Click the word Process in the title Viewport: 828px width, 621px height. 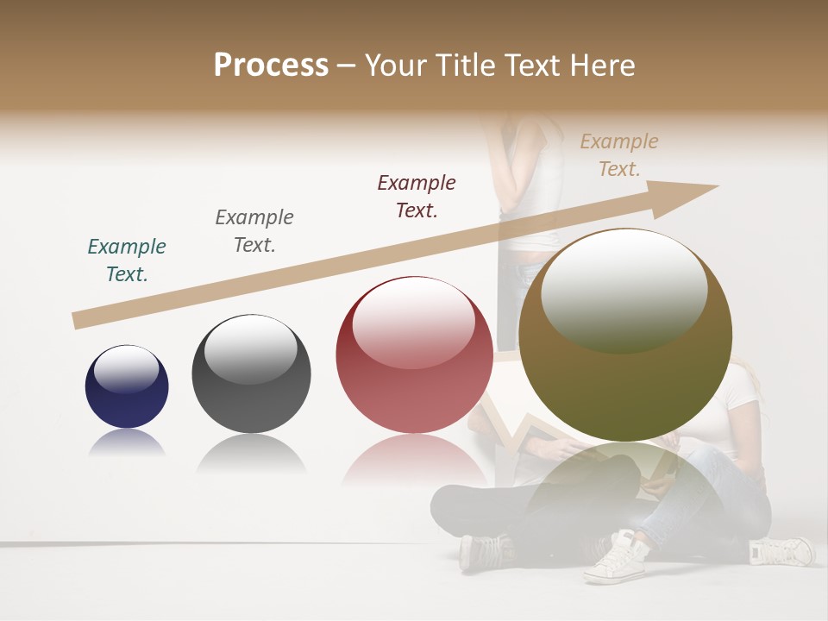[271, 65]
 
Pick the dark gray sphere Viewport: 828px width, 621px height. [251, 374]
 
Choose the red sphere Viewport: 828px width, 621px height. [414, 354]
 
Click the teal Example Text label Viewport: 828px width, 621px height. [127, 260]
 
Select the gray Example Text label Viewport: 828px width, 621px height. [254, 231]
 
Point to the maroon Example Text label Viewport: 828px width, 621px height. [417, 197]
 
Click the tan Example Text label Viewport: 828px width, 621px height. [619, 155]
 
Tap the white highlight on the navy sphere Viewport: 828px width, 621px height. [126, 370]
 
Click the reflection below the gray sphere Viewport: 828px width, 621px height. [251, 455]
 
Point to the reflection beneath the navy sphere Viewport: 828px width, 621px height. [127, 443]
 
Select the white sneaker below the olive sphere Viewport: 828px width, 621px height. [615, 558]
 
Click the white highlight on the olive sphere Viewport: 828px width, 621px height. [624, 291]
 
